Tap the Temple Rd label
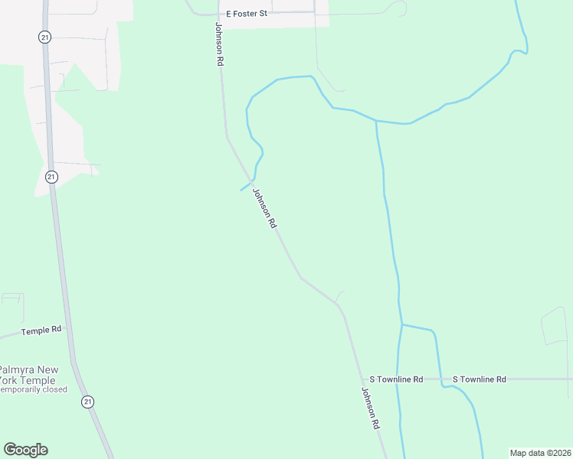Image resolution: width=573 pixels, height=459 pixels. click(x=41, y=330)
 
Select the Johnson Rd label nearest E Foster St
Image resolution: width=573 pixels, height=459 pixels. click(x=219, y=44)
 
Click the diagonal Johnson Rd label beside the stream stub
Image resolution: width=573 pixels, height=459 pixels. click(x=264, y=209)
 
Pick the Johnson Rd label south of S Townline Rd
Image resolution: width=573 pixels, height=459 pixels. click(x=371, y=408)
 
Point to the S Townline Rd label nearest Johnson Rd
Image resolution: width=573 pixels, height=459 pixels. click(x=396, y=379)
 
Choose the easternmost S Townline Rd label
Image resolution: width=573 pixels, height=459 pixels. click(x=480, y=379)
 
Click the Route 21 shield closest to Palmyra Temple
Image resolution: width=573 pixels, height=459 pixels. click(x=88, y=401)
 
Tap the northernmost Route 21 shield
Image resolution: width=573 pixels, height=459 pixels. click(x=45, y=37)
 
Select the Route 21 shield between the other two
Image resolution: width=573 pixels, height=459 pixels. click(x=51, y=177)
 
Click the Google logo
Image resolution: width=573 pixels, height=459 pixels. click(x=25, y=450)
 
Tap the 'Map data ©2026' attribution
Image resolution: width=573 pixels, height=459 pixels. click(x=540, y=453)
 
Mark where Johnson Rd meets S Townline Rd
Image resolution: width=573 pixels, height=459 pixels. click(x=363, y=379)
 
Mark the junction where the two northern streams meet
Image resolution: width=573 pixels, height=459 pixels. click(x=376, y=121)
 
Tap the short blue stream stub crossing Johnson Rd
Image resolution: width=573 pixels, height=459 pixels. click(x=246, y=186)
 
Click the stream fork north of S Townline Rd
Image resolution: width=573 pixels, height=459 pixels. click(x=401, y=324)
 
